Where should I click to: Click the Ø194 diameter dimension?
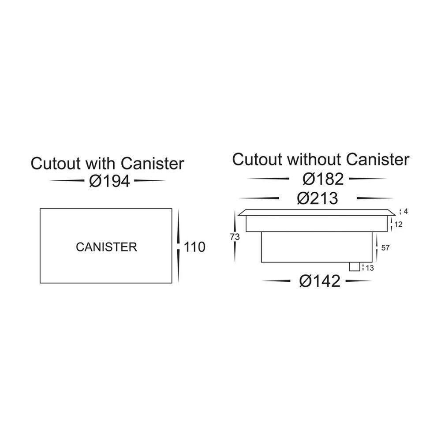point(109,181)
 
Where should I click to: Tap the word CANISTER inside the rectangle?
point(106,247)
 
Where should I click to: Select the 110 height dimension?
point(194,247)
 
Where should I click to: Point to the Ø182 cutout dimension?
point(322,179)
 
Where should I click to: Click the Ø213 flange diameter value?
point(318,198)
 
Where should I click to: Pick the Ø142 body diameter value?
point(320,281)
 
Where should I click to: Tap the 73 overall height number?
point(235,237)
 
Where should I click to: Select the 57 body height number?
point(385,248)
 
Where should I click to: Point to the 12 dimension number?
point(398,224)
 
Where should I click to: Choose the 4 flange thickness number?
point(405,211)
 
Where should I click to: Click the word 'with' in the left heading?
point(101,164)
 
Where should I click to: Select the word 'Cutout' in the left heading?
point(56,164)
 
